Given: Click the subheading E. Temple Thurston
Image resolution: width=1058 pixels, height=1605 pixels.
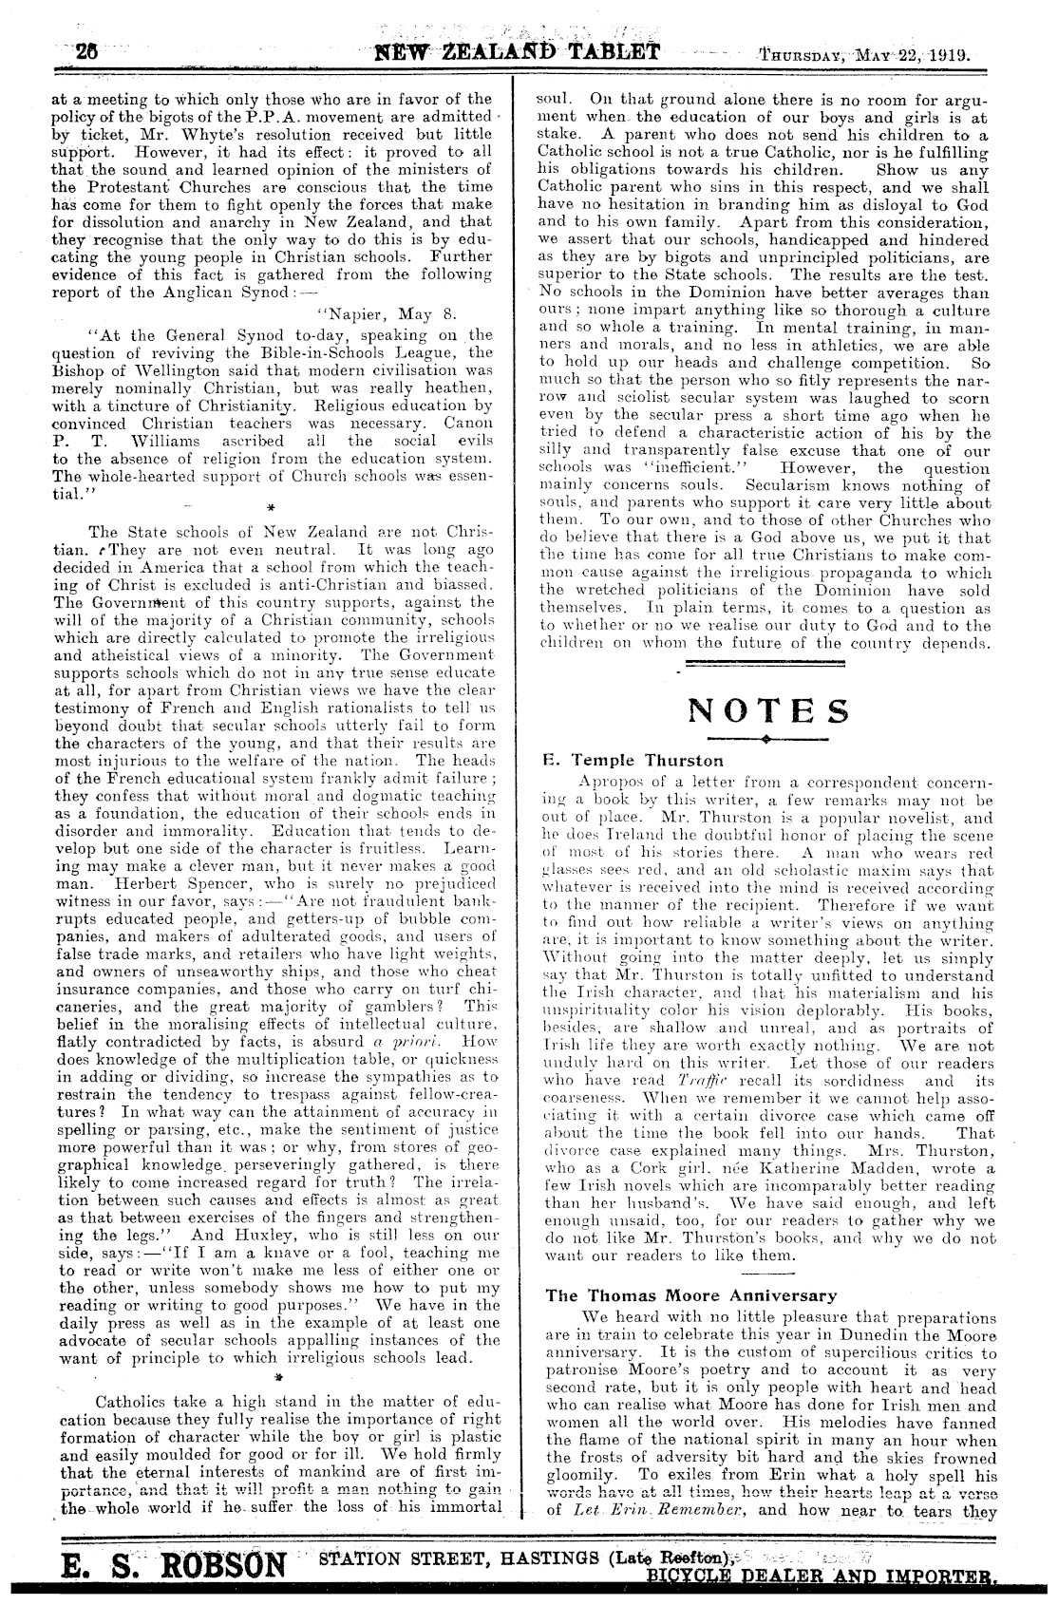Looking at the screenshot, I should pyautogui.click(x=632, y=760).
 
